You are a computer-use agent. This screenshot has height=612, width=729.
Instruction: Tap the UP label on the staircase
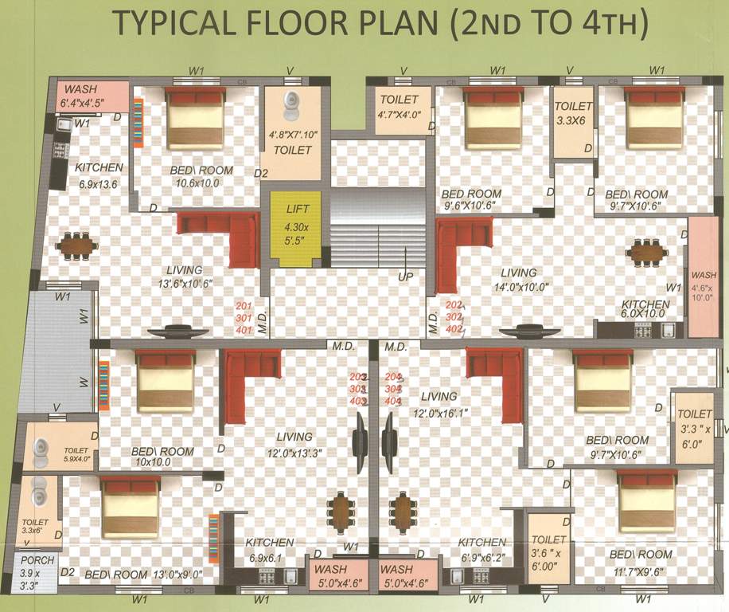pyautogui.click(x=404, y=277)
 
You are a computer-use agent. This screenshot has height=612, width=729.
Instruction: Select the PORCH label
pyautogui.click(x=37, y=560)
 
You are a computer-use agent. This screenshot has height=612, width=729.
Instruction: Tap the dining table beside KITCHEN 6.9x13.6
pyautogui.click(x=77, y=245)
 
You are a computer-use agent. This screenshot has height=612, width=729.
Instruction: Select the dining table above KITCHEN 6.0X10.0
pyautogui.click(x=646, y=253)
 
